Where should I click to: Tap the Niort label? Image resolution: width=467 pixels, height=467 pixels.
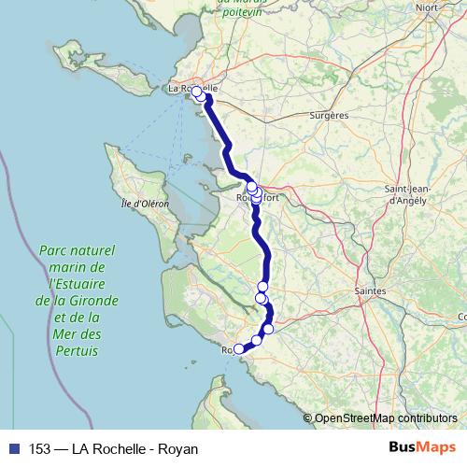tap(428, 7)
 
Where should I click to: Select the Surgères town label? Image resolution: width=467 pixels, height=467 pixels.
tap(328, 116)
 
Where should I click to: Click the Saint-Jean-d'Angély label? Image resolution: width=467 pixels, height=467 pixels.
tap(407, 193)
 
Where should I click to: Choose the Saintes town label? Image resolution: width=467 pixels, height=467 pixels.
tap(371, 291)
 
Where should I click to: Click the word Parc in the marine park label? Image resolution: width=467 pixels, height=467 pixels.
tap(57, 250)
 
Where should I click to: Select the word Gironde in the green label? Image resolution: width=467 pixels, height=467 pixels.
tap(98, 301)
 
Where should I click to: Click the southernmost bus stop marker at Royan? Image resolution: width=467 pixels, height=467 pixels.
tap(238, 349)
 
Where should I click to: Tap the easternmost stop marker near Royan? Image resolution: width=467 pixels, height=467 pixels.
tap(269, 329)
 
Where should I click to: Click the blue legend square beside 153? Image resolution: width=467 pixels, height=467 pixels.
tap(12, 448)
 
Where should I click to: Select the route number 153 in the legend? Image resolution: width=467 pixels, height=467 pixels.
tap(40, 448)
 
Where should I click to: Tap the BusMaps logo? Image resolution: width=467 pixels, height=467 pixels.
tap(421, 447)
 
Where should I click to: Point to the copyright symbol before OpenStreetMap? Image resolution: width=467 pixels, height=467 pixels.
tap(308, 417)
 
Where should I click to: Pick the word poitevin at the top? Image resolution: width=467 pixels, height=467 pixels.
tap(239, 11)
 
